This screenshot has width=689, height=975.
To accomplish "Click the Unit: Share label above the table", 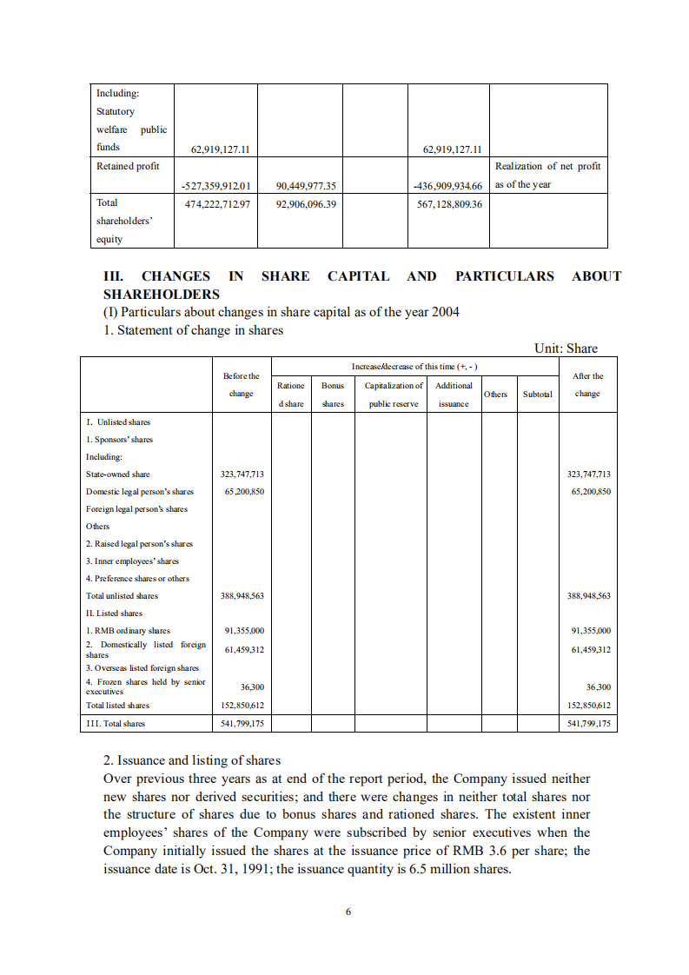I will [x=566, y=348].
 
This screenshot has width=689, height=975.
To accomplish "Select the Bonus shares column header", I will [x=333, y=395].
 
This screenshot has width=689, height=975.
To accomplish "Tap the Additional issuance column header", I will [x=454, y=395].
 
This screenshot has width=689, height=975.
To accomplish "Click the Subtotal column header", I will [x=537, y=395].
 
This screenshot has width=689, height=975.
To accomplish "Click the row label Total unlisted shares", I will [x=122, y=596].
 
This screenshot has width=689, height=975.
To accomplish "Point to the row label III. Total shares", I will [x=116, y=723].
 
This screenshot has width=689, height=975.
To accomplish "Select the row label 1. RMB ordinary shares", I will [x=128, y=631].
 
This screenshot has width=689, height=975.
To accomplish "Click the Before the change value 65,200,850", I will [x=243, y=492].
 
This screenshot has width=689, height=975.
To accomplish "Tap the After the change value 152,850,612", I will [x=587, y=706].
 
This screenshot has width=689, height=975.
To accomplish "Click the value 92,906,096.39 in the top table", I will [x=306, y=203].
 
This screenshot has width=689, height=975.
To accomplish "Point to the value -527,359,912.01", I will [x=215, y=185].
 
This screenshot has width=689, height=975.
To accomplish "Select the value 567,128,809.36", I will [x=450, y=203].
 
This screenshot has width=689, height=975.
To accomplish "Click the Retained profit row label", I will [x=128, y=167].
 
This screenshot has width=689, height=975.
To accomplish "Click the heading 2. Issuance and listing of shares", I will [x=192, y=760].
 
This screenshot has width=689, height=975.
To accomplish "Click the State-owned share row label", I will [x=118, y=474].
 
